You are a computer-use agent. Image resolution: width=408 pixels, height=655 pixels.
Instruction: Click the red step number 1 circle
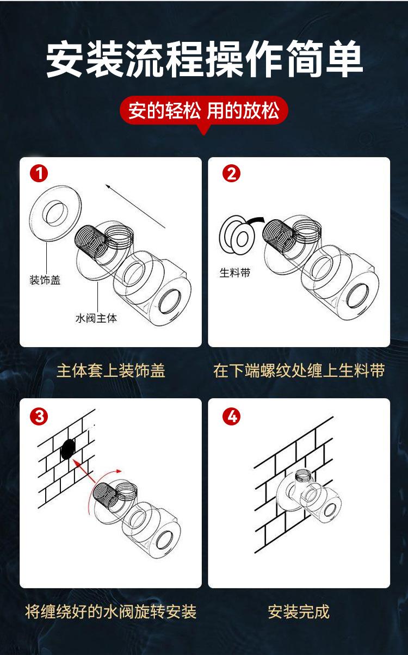39,174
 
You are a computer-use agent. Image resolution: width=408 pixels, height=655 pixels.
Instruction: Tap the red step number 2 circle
231,174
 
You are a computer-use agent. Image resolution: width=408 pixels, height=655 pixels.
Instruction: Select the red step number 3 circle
39,416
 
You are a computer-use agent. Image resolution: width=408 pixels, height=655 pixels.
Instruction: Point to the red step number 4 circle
231,416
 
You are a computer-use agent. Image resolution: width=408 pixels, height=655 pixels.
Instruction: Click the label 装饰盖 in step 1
45,280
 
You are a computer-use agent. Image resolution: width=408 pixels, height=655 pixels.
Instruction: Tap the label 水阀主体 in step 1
96,318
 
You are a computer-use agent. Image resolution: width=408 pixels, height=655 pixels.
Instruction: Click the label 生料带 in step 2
235,273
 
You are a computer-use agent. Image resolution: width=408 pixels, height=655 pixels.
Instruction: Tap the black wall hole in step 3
68,449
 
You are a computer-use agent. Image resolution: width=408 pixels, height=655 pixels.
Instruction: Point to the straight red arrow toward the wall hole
84,471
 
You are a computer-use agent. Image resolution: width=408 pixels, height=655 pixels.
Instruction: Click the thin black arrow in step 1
135,206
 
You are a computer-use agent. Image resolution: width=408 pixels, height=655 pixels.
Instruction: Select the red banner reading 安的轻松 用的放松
204,111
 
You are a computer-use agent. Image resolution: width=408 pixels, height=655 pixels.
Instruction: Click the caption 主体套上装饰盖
111,371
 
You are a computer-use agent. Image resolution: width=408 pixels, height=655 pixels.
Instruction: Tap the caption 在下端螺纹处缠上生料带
299,371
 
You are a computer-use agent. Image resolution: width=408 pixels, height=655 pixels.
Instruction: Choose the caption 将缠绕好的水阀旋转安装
110,611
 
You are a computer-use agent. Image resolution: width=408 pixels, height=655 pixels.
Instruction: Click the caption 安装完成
299,611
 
